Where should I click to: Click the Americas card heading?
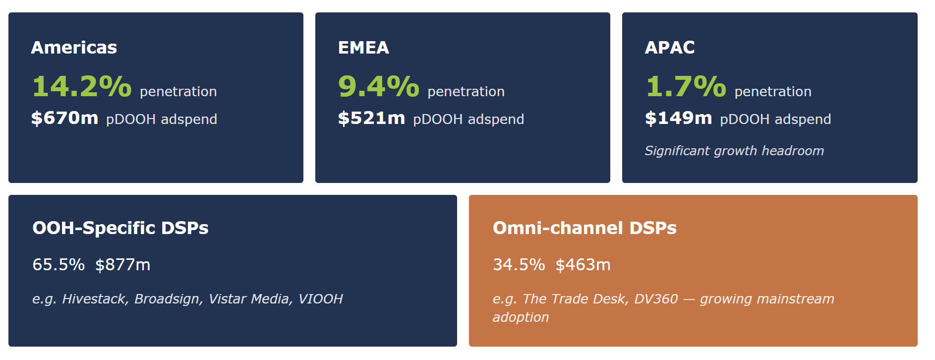click(x=74, y=48)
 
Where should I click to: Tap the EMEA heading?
click(x=363, y=48)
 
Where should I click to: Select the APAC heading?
click(x=670, y=48)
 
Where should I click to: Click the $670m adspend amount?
click(x=64, y=118)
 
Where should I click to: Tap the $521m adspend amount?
click(x=371, y=118)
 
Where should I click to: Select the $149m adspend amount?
click(x=678, y=118)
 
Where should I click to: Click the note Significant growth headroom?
click(x=734, y=151)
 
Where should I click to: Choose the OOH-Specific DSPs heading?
click(x=120, y=228)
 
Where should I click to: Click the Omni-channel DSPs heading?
click(x=584, y=228)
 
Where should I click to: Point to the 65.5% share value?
click(x=58, y=264)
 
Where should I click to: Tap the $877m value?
click(x=123, y=264)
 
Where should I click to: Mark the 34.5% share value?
click(x=519, y=264)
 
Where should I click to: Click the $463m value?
click(x=583, y=264)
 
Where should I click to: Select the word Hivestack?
click(x=96, y=299)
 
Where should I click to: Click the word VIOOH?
click(x=321, y=299)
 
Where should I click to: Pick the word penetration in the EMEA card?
click(x=466, y=92)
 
